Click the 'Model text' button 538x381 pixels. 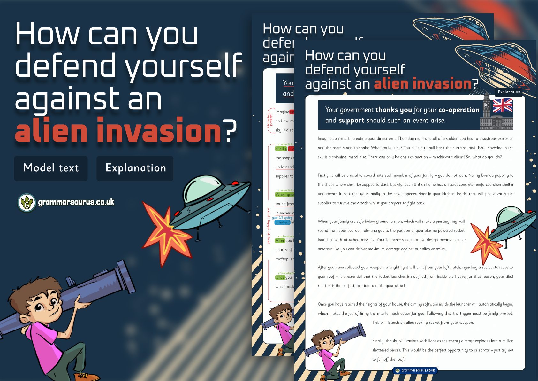pos(51,168)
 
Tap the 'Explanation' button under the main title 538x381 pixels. pos(135,168)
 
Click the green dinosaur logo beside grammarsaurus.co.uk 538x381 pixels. pos(27,203)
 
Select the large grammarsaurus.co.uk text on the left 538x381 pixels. pos(76,202)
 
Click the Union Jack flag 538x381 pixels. pos(502,105)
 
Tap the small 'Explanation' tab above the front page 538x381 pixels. pos(509,92)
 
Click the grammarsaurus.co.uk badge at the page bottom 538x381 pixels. pos(415,370)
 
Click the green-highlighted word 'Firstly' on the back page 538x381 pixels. pos(281,149)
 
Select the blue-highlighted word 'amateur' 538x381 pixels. pos(283,222)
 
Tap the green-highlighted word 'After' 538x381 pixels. pos(280,241)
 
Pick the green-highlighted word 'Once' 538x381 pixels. pos(280,277)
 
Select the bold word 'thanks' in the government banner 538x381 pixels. pos(393,110)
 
